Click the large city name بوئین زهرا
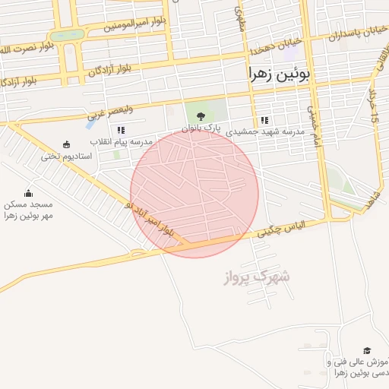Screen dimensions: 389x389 tap(279, 74)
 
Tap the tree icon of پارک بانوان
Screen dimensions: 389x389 tap(201, 116)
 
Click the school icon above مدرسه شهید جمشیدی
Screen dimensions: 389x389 tap(264, 120)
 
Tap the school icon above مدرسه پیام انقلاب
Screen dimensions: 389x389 tap(121, 131)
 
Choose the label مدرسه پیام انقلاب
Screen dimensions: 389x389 tap(122, 142)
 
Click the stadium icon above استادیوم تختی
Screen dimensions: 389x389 tap(67, 144)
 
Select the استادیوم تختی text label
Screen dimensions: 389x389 tap(67, 156)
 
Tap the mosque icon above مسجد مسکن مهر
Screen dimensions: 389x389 tap(29, 193)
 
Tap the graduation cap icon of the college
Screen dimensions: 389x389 tap(368, 350)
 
